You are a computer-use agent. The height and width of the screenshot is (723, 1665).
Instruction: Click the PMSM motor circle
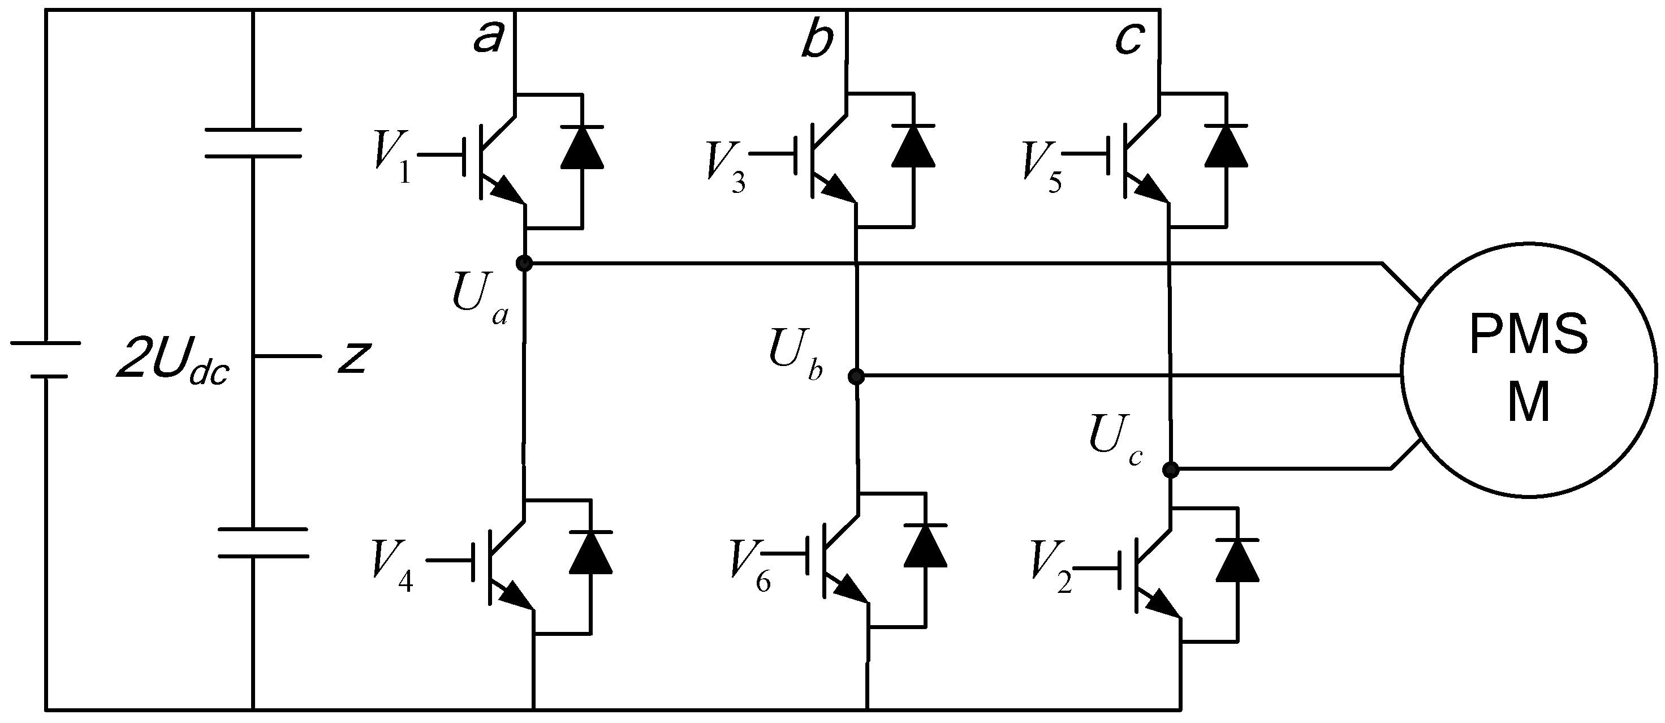tap(1529, 370)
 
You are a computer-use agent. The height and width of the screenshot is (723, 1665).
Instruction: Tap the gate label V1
tap(392, 158)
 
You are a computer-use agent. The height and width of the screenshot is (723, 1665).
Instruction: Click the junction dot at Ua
tap(524, 263)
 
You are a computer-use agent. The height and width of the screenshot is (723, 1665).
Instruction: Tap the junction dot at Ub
tap(856, 376)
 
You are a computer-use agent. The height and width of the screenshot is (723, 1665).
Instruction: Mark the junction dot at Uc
tap(1170, 470)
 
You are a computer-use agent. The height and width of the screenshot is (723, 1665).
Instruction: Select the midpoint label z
tap(353, 357)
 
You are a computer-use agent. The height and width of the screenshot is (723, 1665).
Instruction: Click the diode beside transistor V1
tap(583, 147)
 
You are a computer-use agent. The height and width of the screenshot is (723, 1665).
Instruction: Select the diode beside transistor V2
tap(1237, 560)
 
